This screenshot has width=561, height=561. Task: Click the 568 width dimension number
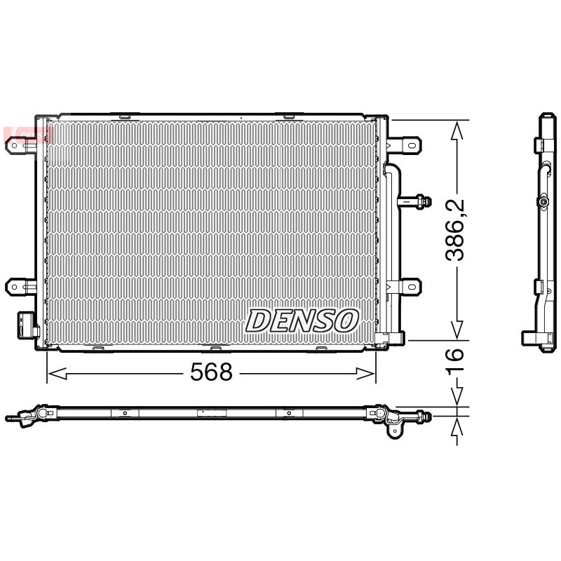point(211,372)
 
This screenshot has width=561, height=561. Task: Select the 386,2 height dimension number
point(454,229)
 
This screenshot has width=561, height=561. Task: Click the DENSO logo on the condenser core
point(302,320)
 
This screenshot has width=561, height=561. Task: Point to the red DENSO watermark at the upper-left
point(28,135)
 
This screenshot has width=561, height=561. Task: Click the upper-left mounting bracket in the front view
point(20,146)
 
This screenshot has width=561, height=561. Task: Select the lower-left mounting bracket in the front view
point(20,287)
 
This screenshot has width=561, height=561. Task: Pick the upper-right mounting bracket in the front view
point(405,145)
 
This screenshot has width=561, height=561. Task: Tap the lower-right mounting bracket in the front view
point(405,287)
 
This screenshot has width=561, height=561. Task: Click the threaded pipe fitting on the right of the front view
point(415,201)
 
